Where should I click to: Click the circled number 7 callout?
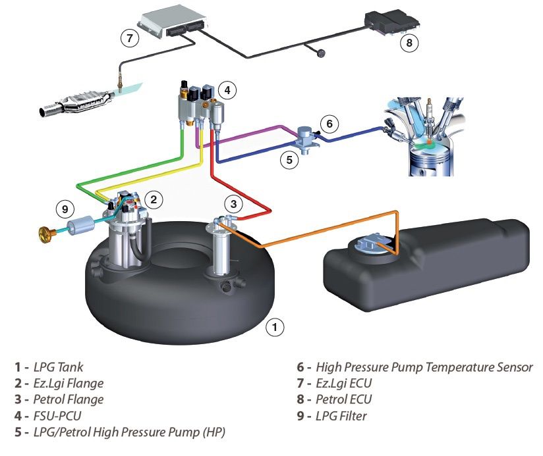pos(130,38)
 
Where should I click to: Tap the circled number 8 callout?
pos(409,43)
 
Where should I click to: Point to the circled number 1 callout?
pos(275,326)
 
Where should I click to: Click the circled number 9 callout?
pos(64,210)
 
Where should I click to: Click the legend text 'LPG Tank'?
pos(58,367)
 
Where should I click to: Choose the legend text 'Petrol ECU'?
pos(344,399)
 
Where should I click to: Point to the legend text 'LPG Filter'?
pos(341,416)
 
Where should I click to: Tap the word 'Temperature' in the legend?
pos(461,367)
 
